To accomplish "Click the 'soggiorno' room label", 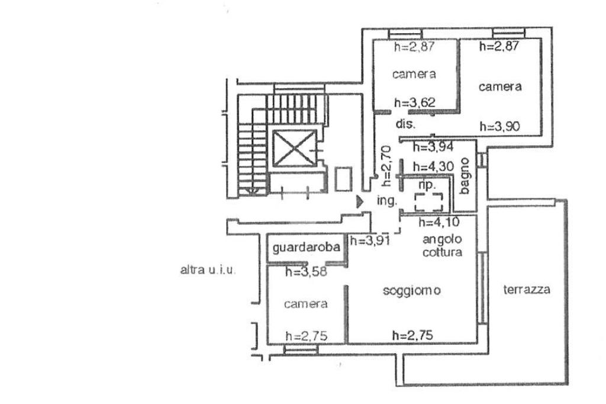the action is [x=412, y=291].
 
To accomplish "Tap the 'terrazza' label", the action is [x=527, y=289].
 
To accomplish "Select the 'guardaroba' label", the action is [x=306, y=247].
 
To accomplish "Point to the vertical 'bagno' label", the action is [x=465, y=176].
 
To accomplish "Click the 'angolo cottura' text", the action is [x=442, y=246].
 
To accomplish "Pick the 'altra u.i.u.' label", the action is [x=207, y=270].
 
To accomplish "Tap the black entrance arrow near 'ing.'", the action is [x=360, y=201].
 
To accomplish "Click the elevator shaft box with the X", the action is [x=295, y=148].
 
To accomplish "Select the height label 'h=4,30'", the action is [x=433, y=166].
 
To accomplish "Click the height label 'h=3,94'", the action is [x=433, y=147].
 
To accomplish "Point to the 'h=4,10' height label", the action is [x=440, y=222].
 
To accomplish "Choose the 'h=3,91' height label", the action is [x=370, y=241].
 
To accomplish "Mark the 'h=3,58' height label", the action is [x=306, y=272].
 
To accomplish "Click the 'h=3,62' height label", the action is [x=415, y=102].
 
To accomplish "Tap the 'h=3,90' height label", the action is [x=499, y=126].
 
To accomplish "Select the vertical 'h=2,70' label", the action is [x=386, y=166].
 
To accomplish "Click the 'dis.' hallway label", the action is [x=405, y=124].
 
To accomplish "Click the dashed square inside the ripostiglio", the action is [x=428, y=202].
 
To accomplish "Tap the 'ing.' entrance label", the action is [x=387, y=201].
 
